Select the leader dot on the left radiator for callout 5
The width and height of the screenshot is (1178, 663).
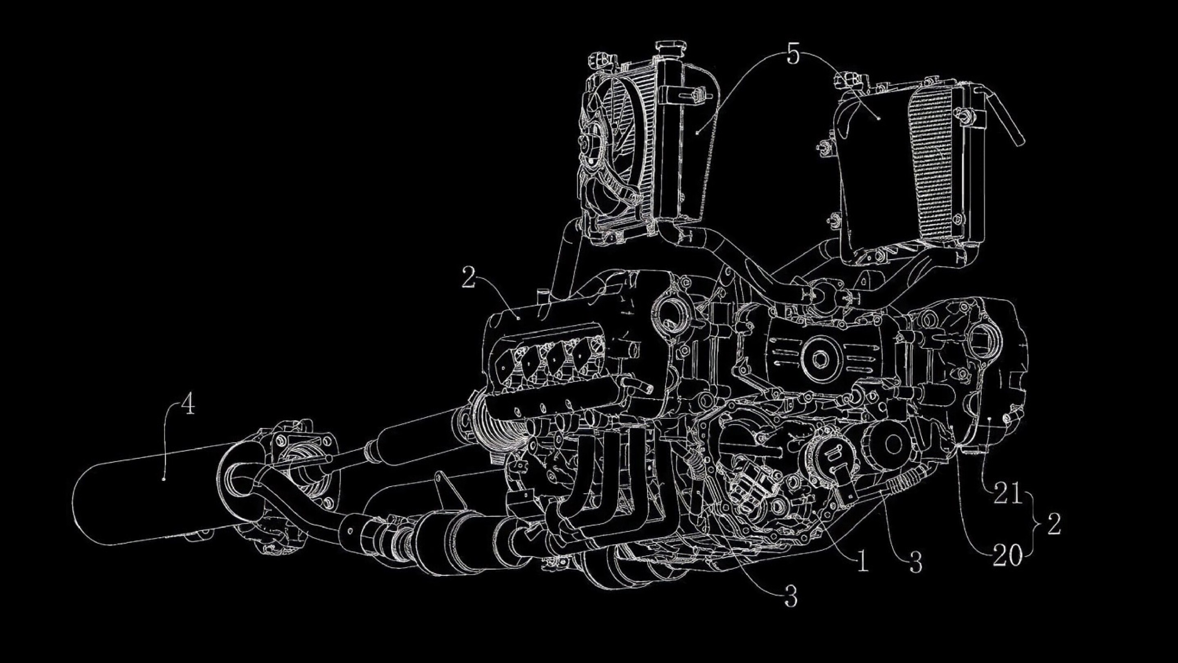697,133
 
